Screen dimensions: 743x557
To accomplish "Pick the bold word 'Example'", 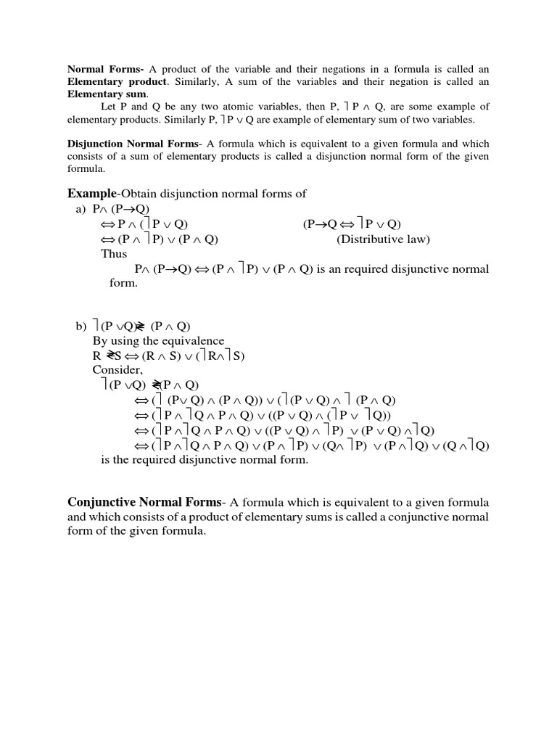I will point(91,193).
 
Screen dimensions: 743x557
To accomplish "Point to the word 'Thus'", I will point(114,254).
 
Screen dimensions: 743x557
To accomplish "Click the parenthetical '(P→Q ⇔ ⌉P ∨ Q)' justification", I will point(352,224).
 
